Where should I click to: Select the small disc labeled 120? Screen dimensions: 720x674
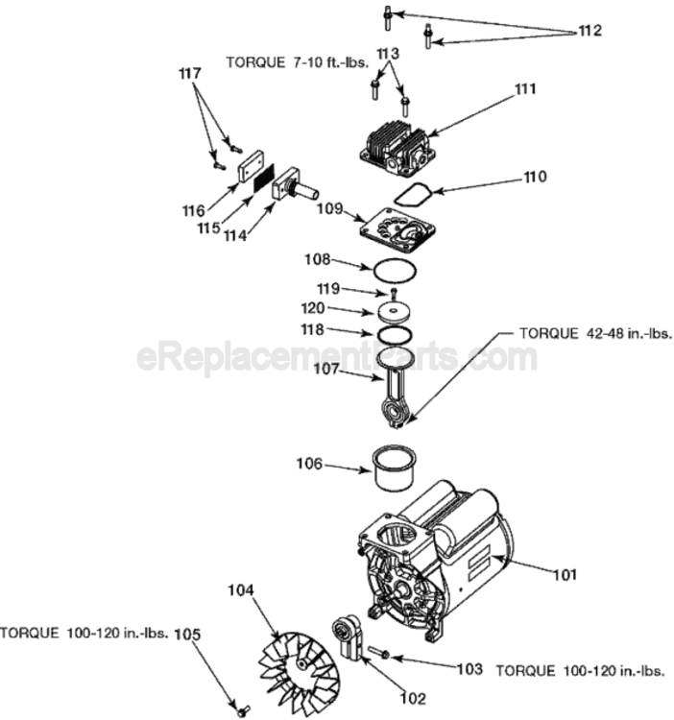[394, 311]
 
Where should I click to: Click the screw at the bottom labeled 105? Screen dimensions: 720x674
[241, 709]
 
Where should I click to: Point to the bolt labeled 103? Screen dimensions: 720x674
[376, 653]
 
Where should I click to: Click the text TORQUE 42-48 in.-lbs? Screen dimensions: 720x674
[595, 334]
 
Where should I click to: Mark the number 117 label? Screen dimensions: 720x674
[192, 73]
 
